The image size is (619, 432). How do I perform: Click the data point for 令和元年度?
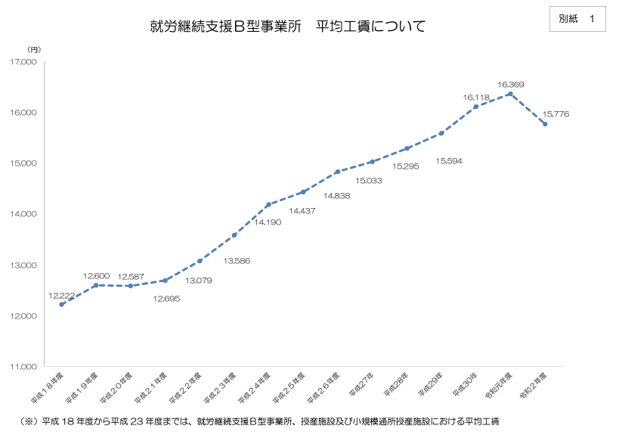pos(510,94)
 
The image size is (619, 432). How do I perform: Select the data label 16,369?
pos(511,84)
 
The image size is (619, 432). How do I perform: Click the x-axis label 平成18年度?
pos(47,385)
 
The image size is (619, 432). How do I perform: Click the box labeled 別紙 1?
pos(577,19)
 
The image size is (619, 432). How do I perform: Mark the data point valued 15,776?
pos(544,124)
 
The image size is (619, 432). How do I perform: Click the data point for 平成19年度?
pos(95,285)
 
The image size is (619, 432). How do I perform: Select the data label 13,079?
pos(199,279)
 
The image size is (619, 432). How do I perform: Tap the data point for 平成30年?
pos(475,107)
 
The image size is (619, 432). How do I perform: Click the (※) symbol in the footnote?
pos(28,421)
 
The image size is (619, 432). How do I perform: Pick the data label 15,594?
pos(449,161)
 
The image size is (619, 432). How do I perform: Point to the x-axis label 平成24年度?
pos(255,385)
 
